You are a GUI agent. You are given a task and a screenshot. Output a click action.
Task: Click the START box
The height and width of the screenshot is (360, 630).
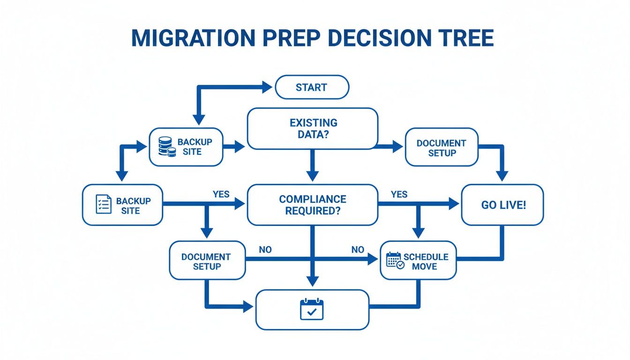(x=312, y=87)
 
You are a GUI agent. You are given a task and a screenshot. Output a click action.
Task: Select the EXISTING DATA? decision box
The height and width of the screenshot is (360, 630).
(x=312, y=128)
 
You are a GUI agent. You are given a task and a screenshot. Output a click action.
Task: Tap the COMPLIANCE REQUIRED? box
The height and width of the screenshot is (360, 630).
(x=312, y=205)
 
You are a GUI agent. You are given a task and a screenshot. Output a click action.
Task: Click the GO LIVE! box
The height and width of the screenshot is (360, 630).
(x=502, y=205)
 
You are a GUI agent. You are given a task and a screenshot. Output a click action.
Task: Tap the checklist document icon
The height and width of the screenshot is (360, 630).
(x=103, y=204)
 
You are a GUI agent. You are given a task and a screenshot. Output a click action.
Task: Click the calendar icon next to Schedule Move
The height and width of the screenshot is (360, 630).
(x=394, y=260)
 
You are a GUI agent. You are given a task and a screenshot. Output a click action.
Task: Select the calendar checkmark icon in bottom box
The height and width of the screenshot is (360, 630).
(x=312, y=309)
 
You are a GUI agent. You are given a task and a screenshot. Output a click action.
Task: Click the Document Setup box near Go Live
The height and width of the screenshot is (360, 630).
(x=441, y=147)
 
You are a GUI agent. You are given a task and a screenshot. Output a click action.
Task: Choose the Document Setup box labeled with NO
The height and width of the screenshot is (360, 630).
(x=207, y=261)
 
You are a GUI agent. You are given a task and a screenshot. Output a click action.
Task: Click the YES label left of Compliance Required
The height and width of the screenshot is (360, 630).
(x=221, y=194)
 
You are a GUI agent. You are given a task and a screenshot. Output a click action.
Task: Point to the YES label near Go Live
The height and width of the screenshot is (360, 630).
(x=399, y=194)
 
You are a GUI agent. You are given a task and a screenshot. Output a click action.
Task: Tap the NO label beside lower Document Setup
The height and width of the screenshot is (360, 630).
(x=265, y=250)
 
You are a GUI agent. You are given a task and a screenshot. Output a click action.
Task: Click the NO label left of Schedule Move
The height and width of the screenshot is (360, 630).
(x=358, y=250)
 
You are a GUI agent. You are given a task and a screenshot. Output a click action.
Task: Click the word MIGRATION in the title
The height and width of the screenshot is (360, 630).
(x=187, y=38)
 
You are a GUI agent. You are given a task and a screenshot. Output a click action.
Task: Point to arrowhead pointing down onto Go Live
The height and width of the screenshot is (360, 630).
(x=502, y=176)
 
